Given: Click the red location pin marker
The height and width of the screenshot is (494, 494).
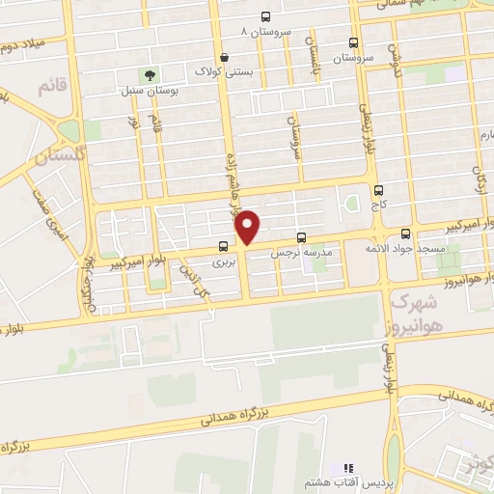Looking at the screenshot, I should coord(249,228).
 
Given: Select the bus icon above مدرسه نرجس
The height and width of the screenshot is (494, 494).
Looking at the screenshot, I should coord(301,236).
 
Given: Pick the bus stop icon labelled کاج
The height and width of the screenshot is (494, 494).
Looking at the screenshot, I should coord(377,190).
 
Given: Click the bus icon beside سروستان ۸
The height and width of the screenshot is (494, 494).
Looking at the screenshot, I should coord(266,16).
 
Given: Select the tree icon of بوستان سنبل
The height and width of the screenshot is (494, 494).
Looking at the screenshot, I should coord(149,73).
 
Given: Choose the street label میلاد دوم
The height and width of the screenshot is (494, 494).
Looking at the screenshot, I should coord(25,44).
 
